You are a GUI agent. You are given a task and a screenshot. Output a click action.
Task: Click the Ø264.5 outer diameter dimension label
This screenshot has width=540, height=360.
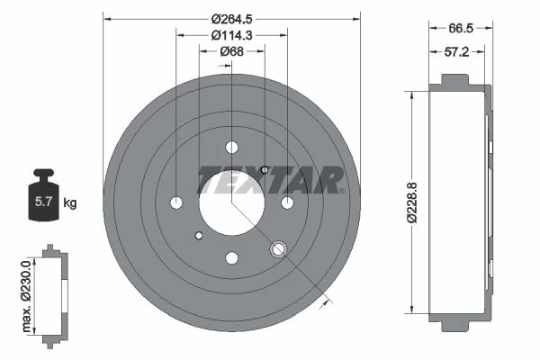coord(232,19)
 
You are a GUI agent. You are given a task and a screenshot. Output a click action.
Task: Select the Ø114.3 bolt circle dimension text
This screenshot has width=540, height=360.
coord(232,35)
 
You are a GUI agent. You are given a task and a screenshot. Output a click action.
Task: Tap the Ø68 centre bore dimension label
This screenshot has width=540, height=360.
coord(232,51)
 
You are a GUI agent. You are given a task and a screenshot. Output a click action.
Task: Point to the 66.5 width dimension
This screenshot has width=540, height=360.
coord(461,28)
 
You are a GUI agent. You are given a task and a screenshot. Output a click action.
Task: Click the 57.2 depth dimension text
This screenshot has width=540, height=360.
coord(456,52)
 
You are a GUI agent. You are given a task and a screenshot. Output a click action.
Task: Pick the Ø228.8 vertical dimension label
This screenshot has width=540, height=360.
coord(412,202)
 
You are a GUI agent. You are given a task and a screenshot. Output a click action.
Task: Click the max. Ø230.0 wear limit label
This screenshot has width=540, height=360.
coord(26,297)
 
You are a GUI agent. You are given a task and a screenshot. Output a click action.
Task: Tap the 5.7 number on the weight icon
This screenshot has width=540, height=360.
coord(44,202)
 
